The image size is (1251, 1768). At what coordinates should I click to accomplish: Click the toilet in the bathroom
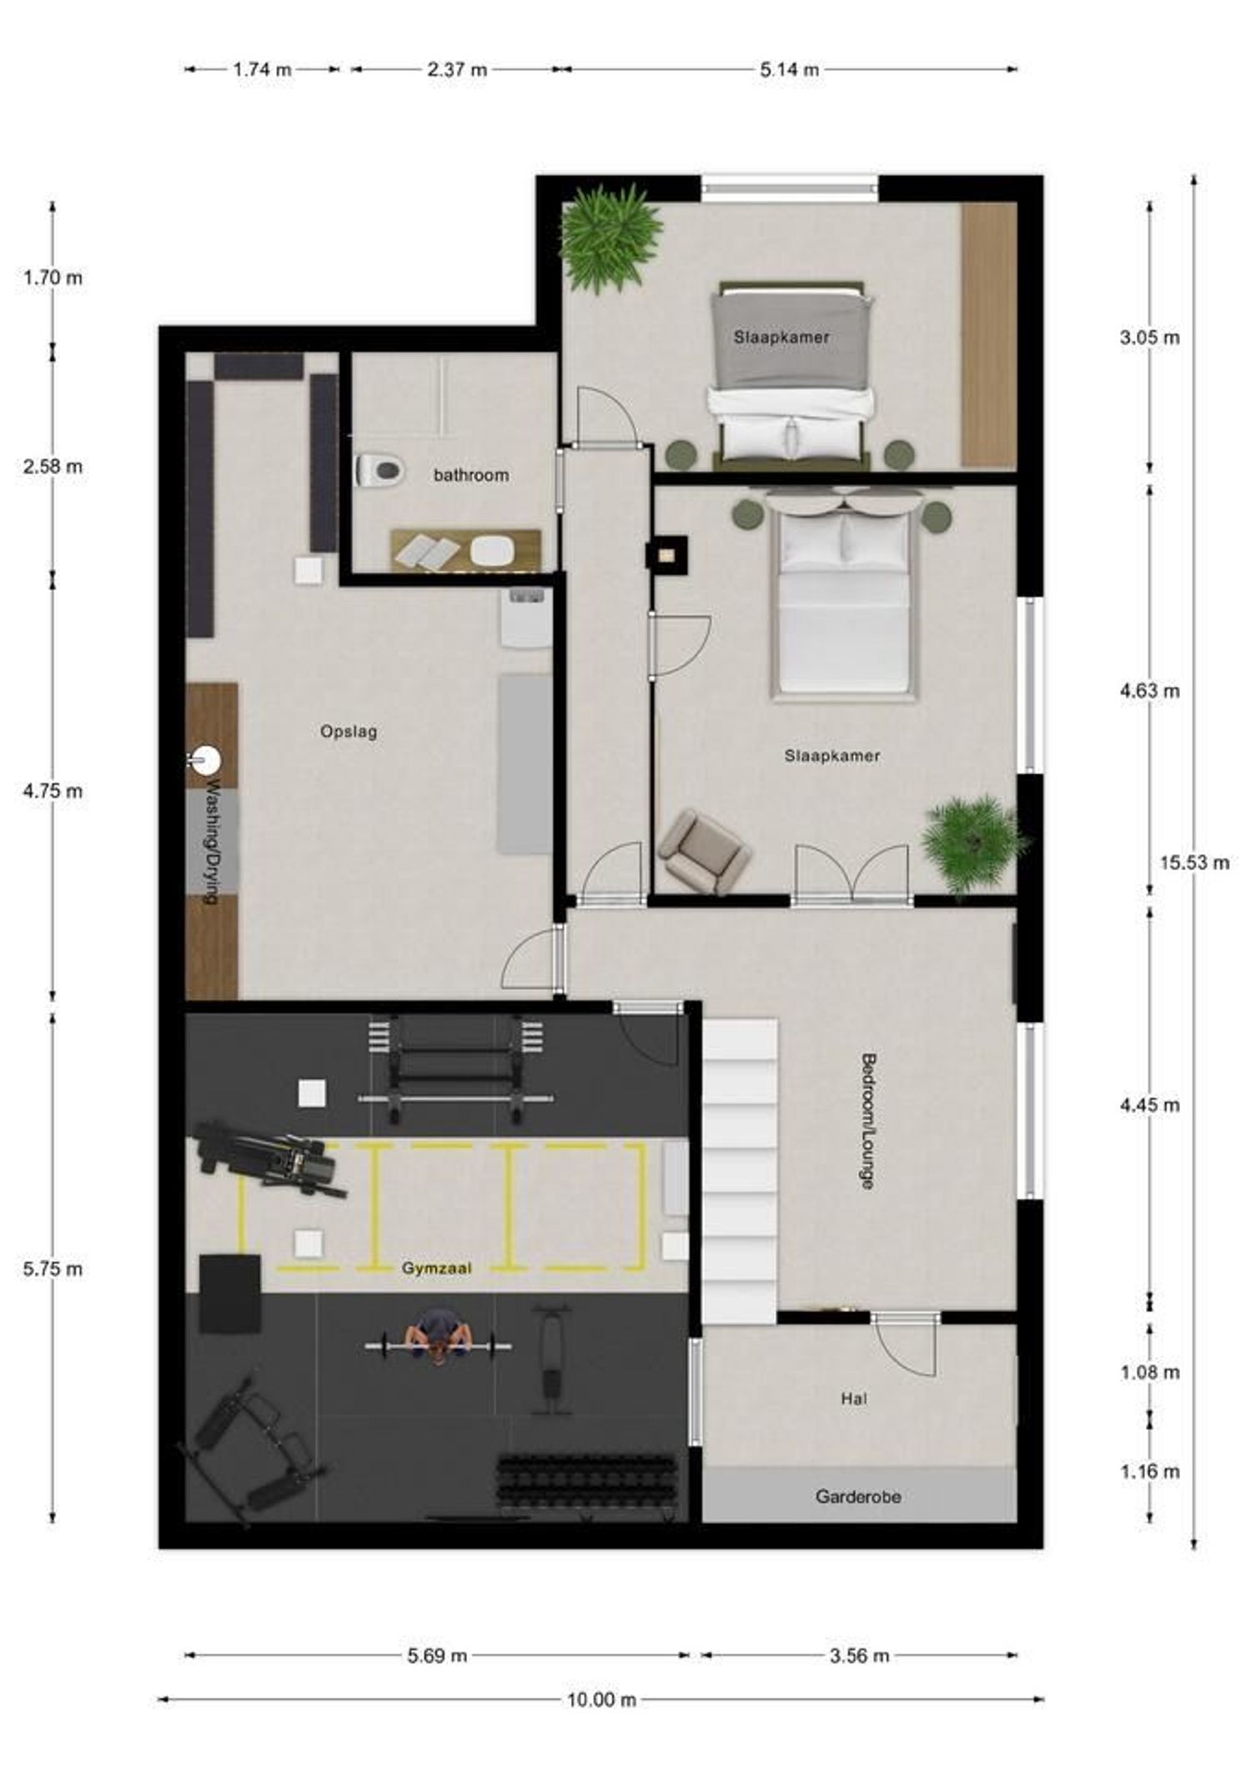(380, 471)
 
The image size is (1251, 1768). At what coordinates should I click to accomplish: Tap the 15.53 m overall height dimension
(1194, 862)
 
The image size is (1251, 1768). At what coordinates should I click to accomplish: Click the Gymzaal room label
(436, 1269)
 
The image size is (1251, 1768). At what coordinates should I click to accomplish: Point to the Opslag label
(349, 731)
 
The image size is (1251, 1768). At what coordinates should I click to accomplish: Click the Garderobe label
(858, 1496)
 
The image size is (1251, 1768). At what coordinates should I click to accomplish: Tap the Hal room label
(854, 1399)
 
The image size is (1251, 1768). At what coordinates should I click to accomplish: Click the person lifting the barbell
(438, 1344)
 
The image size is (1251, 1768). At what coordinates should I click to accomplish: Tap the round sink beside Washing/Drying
(204, 759)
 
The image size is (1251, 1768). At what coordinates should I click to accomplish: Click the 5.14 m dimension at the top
(789, 69)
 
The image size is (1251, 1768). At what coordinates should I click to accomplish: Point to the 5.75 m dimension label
(53, 1269)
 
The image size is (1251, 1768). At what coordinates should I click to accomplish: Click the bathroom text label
(471, 475)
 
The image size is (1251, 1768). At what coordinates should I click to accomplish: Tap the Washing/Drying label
(211, 842)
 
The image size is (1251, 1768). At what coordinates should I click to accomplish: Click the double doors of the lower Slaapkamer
(852, 874)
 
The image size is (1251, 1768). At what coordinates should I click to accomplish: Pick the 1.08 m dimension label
(1150, 1372)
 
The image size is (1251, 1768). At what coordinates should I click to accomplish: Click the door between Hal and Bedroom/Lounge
(906, 1345)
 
